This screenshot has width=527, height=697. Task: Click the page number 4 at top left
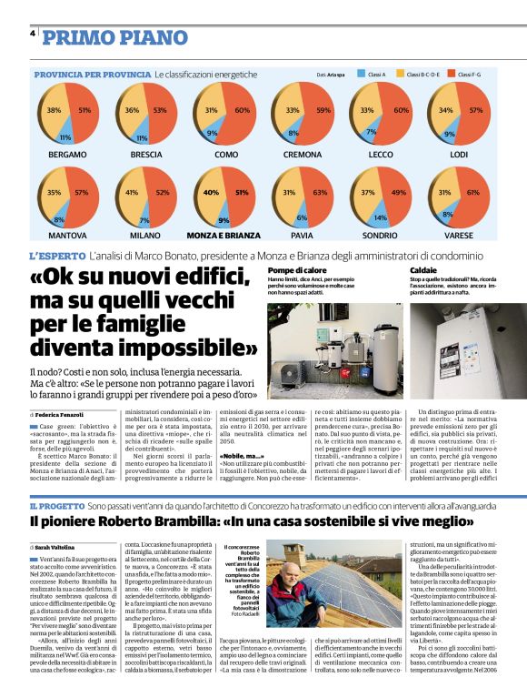33,34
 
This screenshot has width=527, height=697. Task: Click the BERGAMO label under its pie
68,156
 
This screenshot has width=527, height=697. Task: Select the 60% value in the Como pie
243,110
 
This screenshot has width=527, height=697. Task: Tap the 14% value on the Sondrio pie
380,218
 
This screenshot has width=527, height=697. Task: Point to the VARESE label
458,235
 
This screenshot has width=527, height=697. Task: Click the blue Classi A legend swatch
361,75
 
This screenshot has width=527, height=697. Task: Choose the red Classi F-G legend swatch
452,75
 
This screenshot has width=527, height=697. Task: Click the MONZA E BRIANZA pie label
224,235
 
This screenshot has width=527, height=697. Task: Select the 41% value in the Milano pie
132,193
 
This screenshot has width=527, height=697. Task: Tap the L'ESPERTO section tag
57,258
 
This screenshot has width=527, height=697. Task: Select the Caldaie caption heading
423,270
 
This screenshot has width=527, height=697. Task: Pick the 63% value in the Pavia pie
319,193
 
